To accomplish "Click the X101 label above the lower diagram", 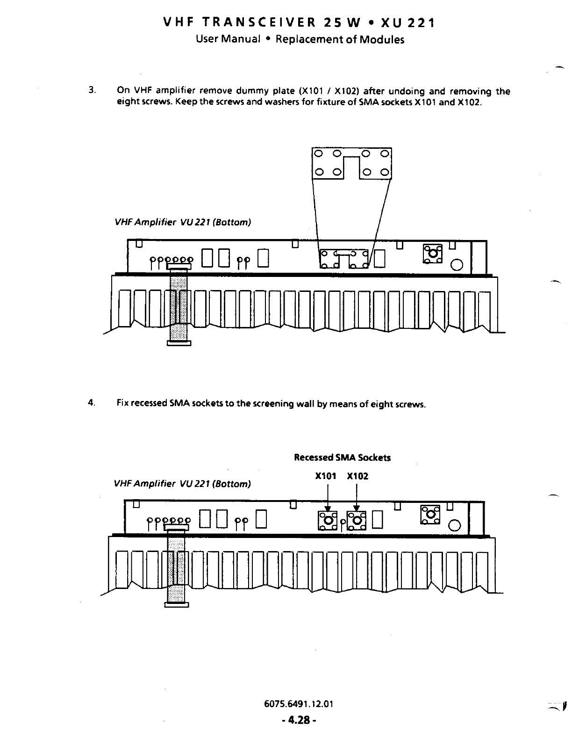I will (326, 476).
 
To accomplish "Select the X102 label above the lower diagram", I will (357, 476).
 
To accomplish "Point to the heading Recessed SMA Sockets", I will (342, 458).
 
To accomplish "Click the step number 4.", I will (92, 403).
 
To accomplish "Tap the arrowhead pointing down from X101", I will (328, 509).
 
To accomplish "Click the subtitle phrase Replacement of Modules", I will (340, 39).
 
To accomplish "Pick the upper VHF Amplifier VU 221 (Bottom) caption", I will (183, 222).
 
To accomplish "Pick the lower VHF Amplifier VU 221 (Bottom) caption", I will (182, 483).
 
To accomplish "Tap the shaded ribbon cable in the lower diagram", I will (176, 566).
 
